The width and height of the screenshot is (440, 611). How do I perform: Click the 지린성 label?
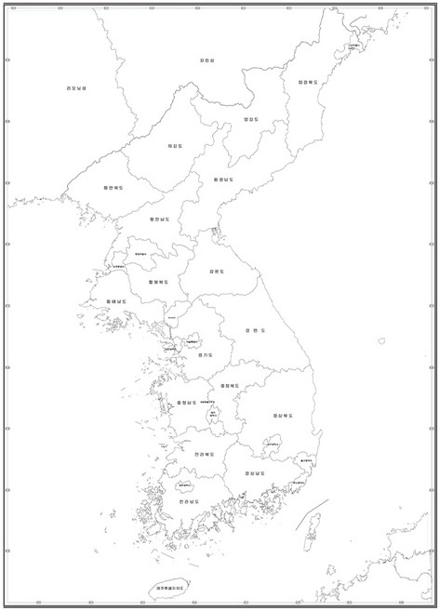pyautogui.click(x=207, y=61)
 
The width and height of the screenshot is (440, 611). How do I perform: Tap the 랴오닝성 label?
pyautogui.click(x=76, y=88)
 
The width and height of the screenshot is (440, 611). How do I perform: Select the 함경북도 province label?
pyautogui.click(x=307, y=82)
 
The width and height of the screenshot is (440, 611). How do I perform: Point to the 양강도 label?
pyautogui.click(x=248, y=119)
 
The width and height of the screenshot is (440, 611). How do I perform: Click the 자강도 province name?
pyautogui.click(x=175, y=146)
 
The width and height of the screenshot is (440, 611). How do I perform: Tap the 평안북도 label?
pyautogui.click(x=113, y=187)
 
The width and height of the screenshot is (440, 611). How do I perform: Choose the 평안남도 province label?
pyautogui.click(x=160, y=219)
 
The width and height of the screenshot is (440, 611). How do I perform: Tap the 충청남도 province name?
pyautogui.click(x=186, y=403)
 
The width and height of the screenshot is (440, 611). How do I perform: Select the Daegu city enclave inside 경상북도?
pyautogui.click(x=271, y=445)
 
